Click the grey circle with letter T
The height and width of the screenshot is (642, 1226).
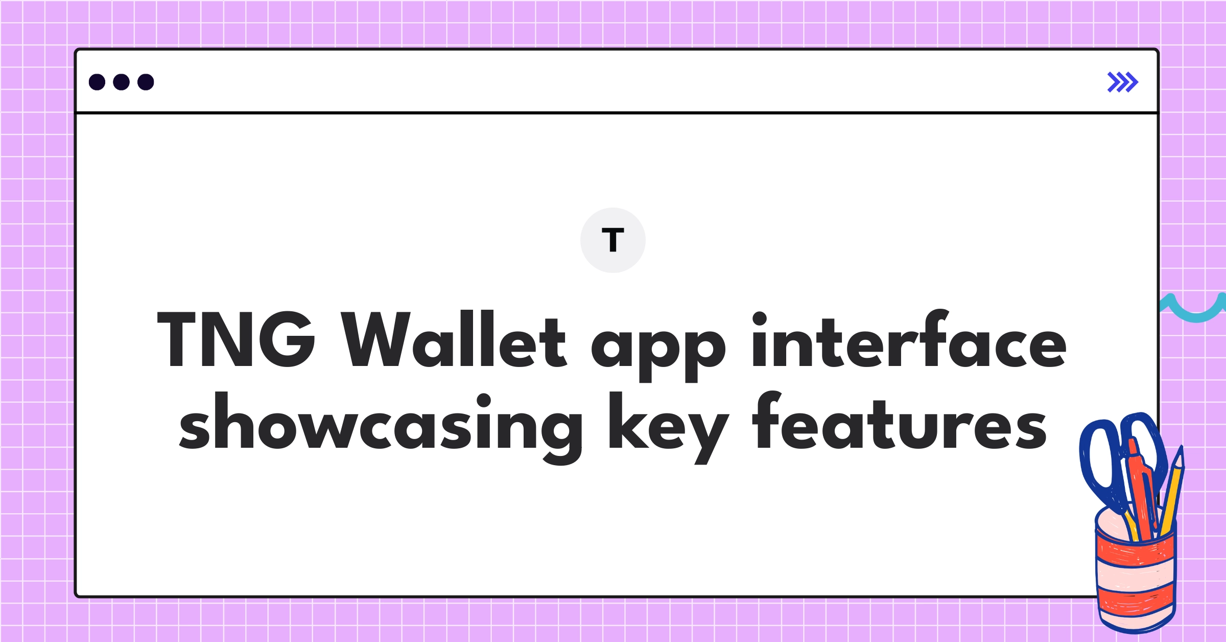click(612, 240)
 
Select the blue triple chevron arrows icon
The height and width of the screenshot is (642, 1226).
click(1122, 82)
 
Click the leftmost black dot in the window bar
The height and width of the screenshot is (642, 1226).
click(97, 82)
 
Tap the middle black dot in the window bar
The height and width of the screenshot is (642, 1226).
click(121, 82)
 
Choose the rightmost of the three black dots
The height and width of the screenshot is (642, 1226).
click(146, 82)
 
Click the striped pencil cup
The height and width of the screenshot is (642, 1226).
click(1136, 578)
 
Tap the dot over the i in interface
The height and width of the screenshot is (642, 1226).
click(760, 318)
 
